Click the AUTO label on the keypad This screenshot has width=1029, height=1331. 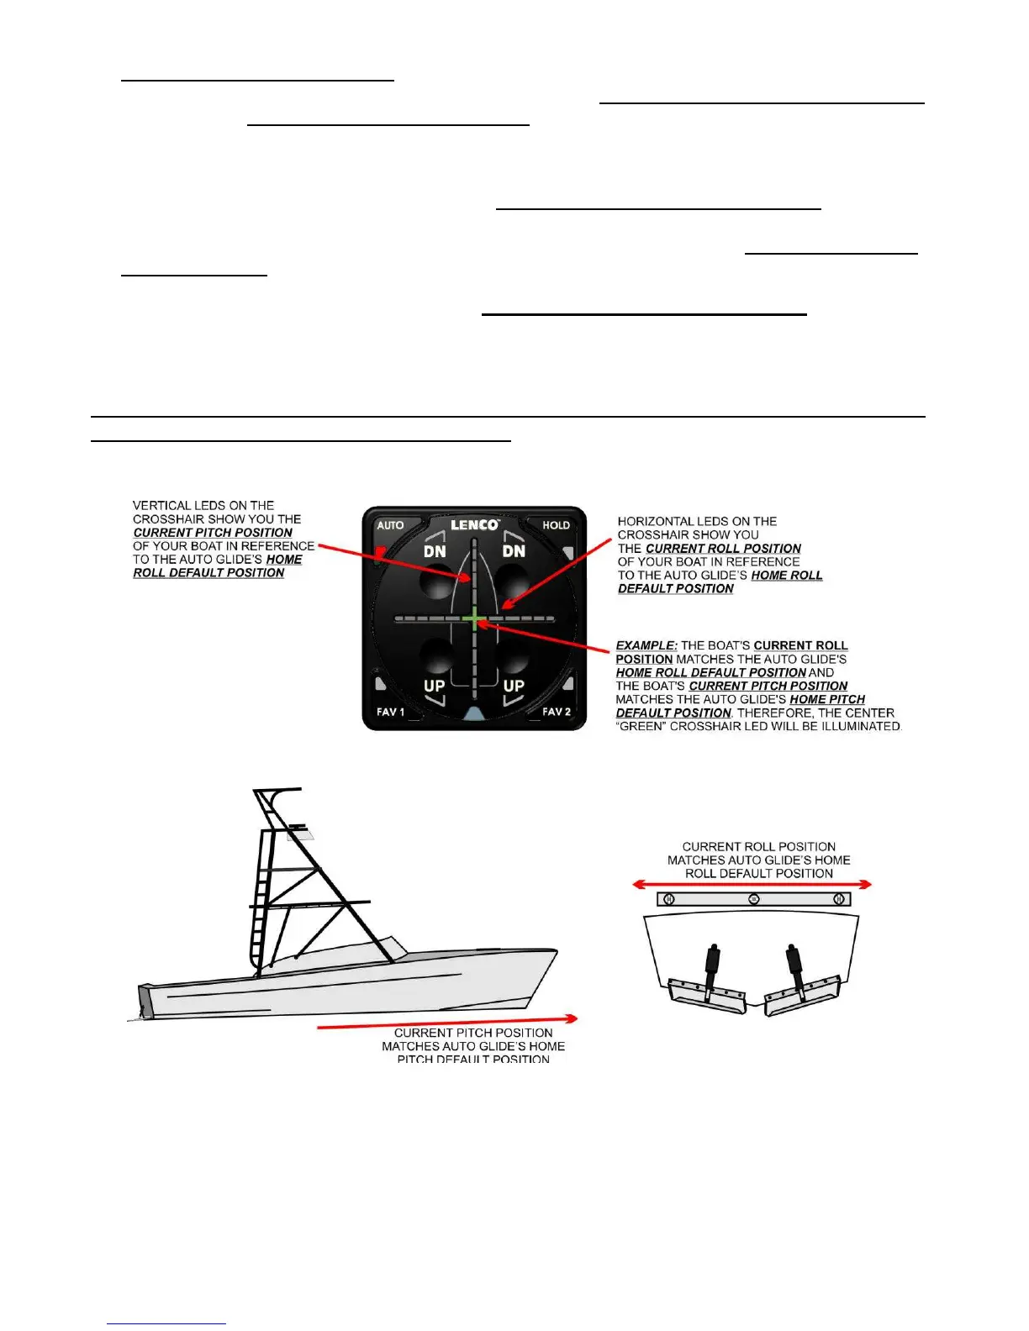click(x=390, y=525)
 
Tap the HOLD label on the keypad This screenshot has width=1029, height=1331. click(x=556, y=525)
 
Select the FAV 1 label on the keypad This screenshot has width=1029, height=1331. click(x=390, y=712)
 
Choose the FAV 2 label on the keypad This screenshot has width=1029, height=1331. click(x=557, y=712)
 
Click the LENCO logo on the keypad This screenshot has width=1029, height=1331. click(x=475, y=525)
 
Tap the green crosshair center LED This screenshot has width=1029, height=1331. click(x=475, y=620)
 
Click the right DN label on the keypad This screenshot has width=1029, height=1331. click(x=514, y=551)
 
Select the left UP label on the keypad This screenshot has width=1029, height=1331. click(x=434, y=686)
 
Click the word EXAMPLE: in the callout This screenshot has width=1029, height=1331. click(x=646, y=645)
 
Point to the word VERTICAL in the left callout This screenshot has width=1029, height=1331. click(x=161, y=506)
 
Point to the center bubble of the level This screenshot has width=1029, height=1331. click(x=754, y=899)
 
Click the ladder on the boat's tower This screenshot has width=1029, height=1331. click(x=261, y=907)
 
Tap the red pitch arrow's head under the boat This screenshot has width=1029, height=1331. click(x=572, y=1018)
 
